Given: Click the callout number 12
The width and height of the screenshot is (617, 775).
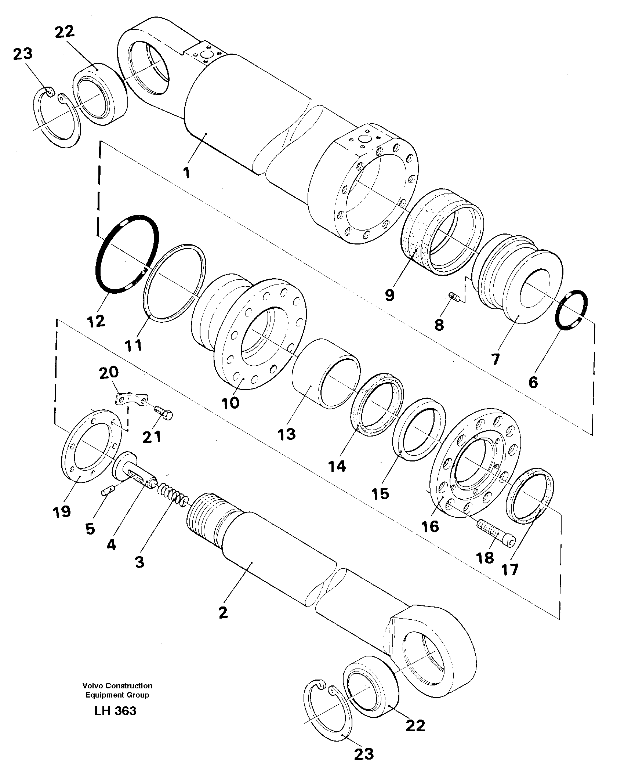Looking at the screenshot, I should [x=97, y=321].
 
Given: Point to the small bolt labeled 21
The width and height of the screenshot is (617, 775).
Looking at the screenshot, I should [x=163, y=412].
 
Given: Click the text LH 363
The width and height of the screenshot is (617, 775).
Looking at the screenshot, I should [x=115, y=711].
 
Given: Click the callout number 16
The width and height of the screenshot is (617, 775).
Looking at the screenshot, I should [x=430, y=526].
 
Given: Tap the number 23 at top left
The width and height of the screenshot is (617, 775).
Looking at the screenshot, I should [x=23, y=54].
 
